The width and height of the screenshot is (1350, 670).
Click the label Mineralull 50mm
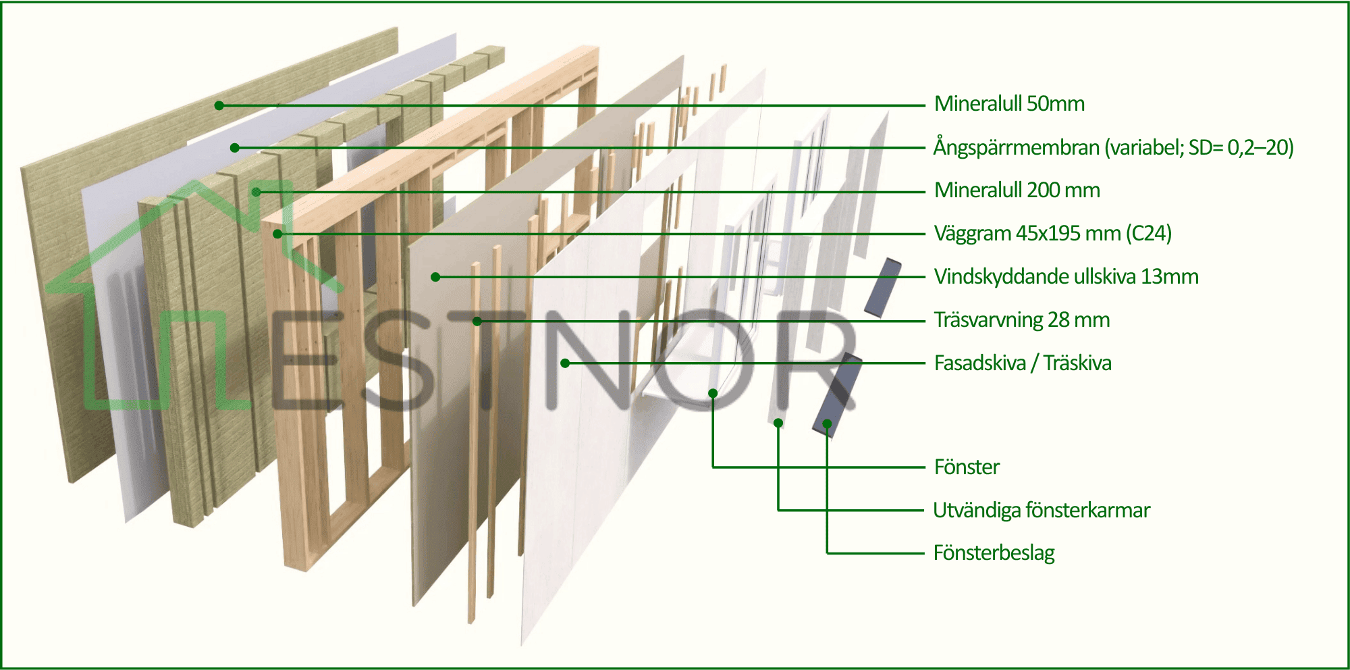point(1009,104)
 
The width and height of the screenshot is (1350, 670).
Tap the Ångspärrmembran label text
point(1113,147)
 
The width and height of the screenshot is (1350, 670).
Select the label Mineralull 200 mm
point(1017,190)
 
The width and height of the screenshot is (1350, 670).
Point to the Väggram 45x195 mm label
point(1053,234)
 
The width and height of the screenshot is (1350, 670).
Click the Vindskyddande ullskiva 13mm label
point(1066,277)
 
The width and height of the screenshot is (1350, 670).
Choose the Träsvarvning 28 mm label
point(1022,320)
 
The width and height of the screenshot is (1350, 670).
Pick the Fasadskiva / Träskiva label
point(1023,363)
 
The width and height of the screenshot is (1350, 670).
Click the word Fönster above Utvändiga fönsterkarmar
point(967,467)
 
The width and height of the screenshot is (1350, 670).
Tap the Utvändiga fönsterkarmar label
point(1042,510)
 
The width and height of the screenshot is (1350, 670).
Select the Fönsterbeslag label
point(994,553)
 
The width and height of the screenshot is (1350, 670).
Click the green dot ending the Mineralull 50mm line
point(219,105)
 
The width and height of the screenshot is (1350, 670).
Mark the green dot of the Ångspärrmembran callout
point(235,148)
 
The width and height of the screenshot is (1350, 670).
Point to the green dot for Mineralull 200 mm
point(256,192)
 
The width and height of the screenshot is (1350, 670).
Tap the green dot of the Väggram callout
point(277,234)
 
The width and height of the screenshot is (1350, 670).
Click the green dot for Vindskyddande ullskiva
point(435,277)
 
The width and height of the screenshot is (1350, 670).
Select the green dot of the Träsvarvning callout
point(477,321)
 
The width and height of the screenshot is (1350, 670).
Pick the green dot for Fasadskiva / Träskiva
point(566,363)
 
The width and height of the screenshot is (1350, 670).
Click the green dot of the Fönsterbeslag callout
point(827,424)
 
